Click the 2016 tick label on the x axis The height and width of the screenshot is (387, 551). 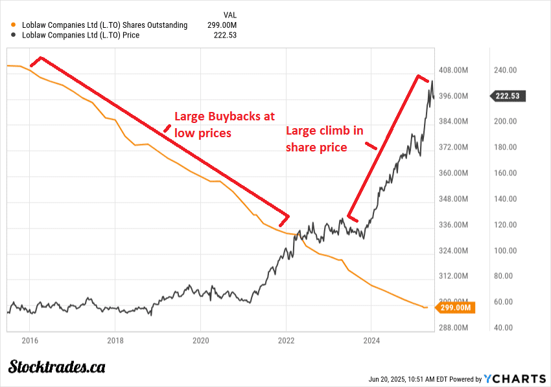coord(29,339)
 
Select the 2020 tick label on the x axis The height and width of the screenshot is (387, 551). coord(200,339)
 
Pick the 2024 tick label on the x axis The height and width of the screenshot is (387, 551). coord(371,339)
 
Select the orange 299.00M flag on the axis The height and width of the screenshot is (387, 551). coord(455,308)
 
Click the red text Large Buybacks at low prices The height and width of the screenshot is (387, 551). coord(224,125)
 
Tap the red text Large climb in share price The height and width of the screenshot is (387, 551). coord(325,139)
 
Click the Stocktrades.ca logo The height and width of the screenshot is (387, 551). coord(57,367)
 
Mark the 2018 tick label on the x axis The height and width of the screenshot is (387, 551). coord(115,339)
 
